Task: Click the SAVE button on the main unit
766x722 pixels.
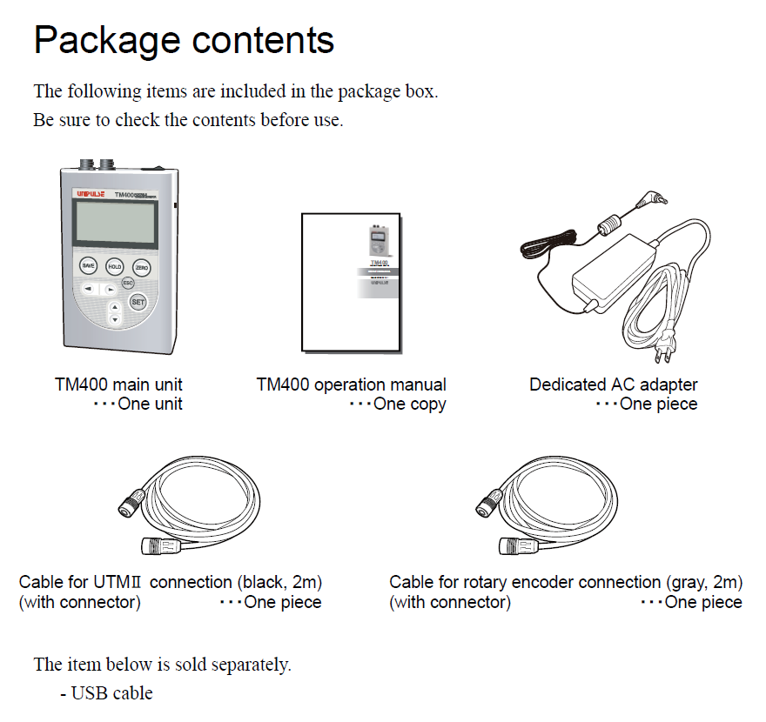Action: (88, 265)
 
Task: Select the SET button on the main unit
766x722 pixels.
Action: (138, 301)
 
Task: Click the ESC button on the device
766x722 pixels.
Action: (127, 284)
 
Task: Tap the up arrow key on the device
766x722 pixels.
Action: (113, 307)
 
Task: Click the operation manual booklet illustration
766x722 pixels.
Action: (352, 280)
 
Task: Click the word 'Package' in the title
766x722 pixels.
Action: (106, 40)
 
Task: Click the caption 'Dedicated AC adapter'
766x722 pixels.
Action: (613, 384)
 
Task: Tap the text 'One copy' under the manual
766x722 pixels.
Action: (409, 404)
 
